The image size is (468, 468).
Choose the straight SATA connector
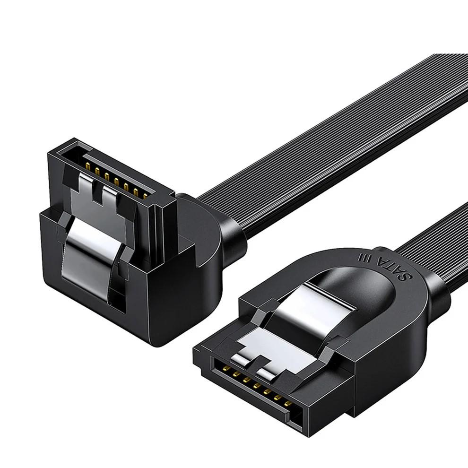point(307,350)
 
